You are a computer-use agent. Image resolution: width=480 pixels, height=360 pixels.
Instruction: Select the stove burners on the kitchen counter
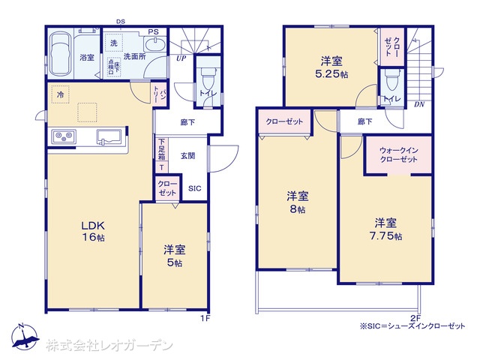click(x=64, y=136)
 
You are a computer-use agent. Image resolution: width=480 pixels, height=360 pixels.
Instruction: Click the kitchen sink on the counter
click(x=111, y=136)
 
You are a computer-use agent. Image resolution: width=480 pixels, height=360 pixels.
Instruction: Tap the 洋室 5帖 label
click(x=175, y=256)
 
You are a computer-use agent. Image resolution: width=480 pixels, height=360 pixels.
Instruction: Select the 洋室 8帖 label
click(x=297, y=202)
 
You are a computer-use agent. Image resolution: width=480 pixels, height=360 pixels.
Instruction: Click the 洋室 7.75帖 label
click(x=387, y=229)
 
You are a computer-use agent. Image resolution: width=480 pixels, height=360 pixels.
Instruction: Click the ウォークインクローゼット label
click(x=398, y=154)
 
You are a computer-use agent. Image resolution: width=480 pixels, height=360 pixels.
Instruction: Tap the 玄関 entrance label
click(x=188, y=155)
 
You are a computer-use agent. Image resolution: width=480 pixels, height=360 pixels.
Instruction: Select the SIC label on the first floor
click(x=194, y=188)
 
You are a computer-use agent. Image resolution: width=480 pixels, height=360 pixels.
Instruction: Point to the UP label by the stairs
click(x=181, y=58)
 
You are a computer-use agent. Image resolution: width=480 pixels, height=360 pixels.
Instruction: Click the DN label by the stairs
click(x=418, y=104)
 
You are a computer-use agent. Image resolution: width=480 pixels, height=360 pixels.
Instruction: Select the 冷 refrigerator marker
click(x=59, y=94)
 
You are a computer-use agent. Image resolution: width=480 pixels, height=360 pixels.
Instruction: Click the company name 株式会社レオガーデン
click(x=109, y=345)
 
